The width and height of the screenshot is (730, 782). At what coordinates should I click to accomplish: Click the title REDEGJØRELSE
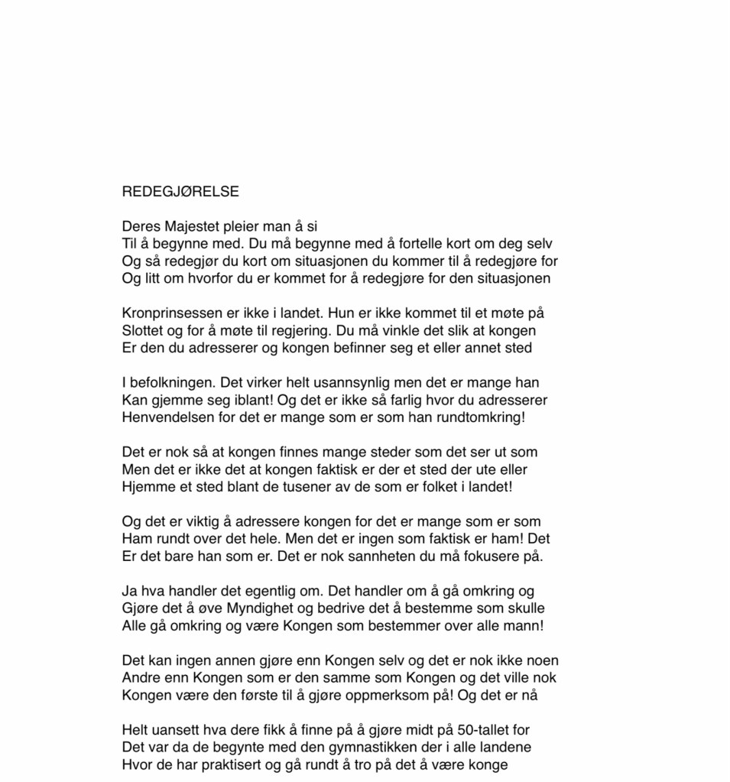coord(180,192)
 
